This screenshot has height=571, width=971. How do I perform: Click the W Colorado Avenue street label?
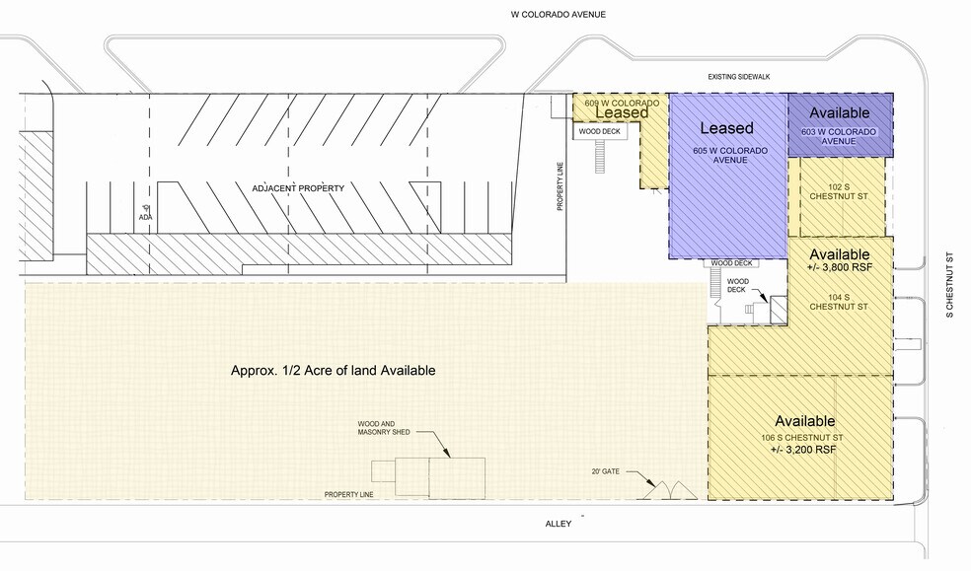[x=552, y=15]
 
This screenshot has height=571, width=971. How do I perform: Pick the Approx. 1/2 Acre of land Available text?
[x=333, y=371]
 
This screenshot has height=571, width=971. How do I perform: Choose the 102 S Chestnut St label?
[x=839, y=193]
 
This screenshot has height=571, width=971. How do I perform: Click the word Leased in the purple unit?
[x=726, y=128]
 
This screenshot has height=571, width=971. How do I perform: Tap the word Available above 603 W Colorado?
[x=839, y=112]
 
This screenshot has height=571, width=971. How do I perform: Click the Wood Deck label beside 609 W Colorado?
[x=598, y=130]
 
